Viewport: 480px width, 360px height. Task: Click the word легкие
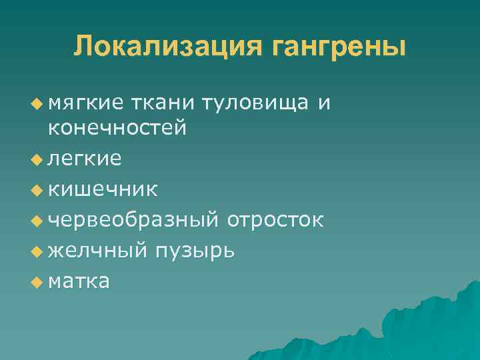(x=84, y=158)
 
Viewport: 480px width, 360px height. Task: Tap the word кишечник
(x=103, y=189)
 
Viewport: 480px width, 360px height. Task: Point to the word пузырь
(x=194, y=251)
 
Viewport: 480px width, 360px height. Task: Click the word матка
(x=79, y=281)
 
